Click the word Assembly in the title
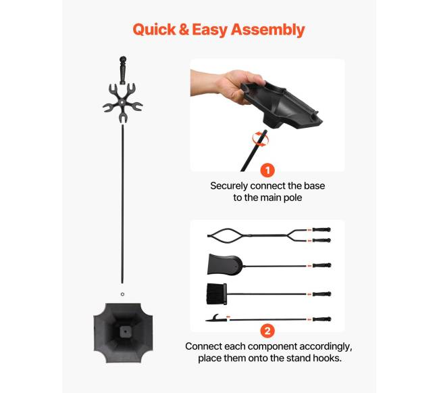[x=268, y=30]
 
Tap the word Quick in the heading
[x=154, y=29]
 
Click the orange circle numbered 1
[x=267, y=170]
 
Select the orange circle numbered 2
[x=267, y=331]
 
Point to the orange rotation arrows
[x=261, y=139]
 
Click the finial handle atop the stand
[x=123, y=70]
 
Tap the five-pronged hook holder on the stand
[x=123, y=103]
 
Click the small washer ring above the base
[x=122, y=294]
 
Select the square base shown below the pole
[x=123, y=333]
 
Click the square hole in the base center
[x=125, y=331]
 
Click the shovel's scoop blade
[x=224, y=264]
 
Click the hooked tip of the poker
[x=215, y=318]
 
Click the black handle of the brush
[x=321, y=294]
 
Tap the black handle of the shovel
[x=321, y=265]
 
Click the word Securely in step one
[x=229, y=186]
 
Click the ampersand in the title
[x=184, y=30]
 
